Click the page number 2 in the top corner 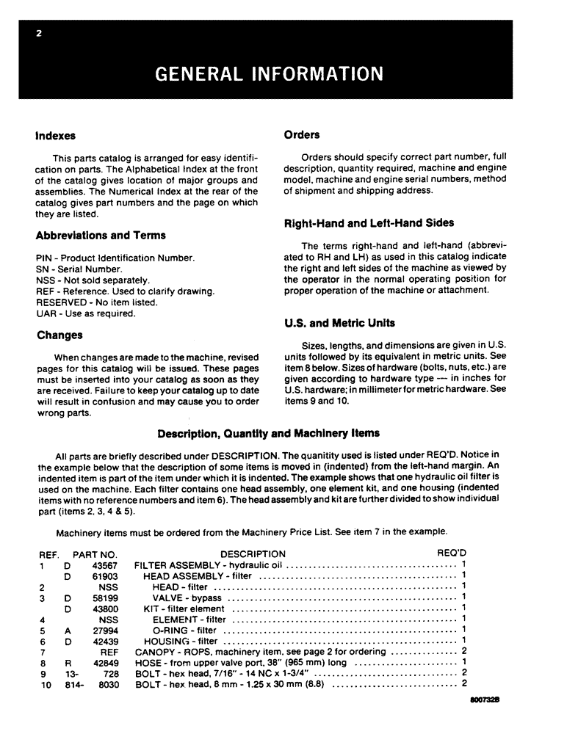[37, 33]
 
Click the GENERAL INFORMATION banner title [270, 74]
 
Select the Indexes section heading [56, 136]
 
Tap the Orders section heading [302, 134]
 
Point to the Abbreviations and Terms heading [101, 236]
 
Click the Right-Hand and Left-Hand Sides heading [369, 223]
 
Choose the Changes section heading [59, 335]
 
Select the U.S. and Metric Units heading [339, 323]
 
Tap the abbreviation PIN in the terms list [44, 258]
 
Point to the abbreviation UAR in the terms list [46, 313]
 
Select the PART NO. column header [95, 553]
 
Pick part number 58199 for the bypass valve [103, 597]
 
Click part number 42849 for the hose [103, 663]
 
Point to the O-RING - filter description [184, 630]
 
